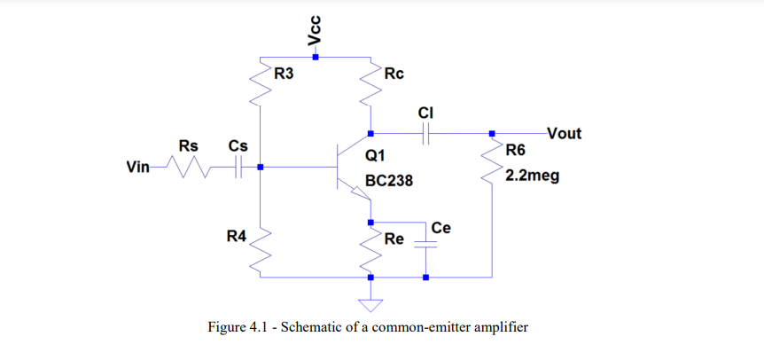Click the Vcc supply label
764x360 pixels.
pos(314,30)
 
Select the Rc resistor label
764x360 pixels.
pos(394,74)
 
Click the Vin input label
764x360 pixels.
pos(141,166)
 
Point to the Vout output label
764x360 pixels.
pos(564,134)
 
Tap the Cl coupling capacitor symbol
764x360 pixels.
pos(426,134)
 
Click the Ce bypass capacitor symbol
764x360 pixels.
pos(426,247)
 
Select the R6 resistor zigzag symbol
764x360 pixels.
pos(492,163)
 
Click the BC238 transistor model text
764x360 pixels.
pos(388,181)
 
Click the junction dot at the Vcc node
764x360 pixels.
pos(316,56)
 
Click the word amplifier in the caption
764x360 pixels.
pos(496,327)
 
